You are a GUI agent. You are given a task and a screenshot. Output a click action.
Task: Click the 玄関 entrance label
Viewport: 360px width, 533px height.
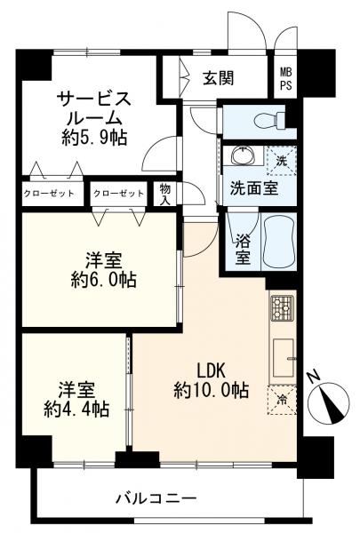coord(218,78)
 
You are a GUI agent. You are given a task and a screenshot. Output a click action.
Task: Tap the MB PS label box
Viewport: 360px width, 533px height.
coord(285,79)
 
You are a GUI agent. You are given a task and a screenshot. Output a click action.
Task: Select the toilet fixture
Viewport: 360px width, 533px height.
coord(267,120)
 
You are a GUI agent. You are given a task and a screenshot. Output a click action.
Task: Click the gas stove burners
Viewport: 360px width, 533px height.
coord(282,308)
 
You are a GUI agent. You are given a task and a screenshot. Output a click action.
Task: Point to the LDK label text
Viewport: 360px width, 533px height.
coord(212,370)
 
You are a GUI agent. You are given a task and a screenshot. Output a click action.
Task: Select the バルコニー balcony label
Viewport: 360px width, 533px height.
coord(156,497)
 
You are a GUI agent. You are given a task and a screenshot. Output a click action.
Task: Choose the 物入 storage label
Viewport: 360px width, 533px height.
coord(165,193)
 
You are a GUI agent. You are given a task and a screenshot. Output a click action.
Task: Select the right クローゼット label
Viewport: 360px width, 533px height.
coord(118,193)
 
